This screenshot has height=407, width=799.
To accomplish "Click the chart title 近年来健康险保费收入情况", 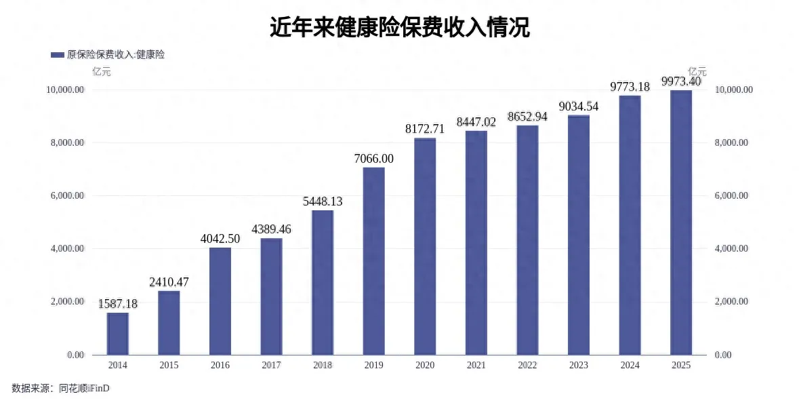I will coord(399,28).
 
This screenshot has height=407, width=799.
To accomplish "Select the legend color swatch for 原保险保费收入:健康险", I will coord(58,55).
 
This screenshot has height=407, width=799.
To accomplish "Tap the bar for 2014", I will coord(118,334).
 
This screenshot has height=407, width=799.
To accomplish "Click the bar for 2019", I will coord(374,261).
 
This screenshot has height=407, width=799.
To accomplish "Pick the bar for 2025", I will coord(681,222).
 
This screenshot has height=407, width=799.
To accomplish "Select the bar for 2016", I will coord(220,301).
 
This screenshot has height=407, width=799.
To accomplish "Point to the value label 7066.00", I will coord(374,159).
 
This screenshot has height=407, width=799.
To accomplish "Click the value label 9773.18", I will coord(630,87).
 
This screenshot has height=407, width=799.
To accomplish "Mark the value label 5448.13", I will coord(323,201).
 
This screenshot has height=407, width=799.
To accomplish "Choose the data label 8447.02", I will coord(476,122).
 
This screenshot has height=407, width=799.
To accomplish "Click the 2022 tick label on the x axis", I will coord(527,365).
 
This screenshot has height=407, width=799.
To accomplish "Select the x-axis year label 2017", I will coord(271,365).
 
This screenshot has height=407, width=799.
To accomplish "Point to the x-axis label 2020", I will coord(425,365).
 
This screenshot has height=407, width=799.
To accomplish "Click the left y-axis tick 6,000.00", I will coord(65,196).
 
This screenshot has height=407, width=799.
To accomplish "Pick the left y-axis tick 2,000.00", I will coord(65,302).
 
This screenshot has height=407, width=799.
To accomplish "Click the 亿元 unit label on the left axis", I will coord(101,71).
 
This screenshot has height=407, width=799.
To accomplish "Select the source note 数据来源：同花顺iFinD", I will coord(60,389).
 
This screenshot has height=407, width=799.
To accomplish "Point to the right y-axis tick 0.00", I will coord(724,355).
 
